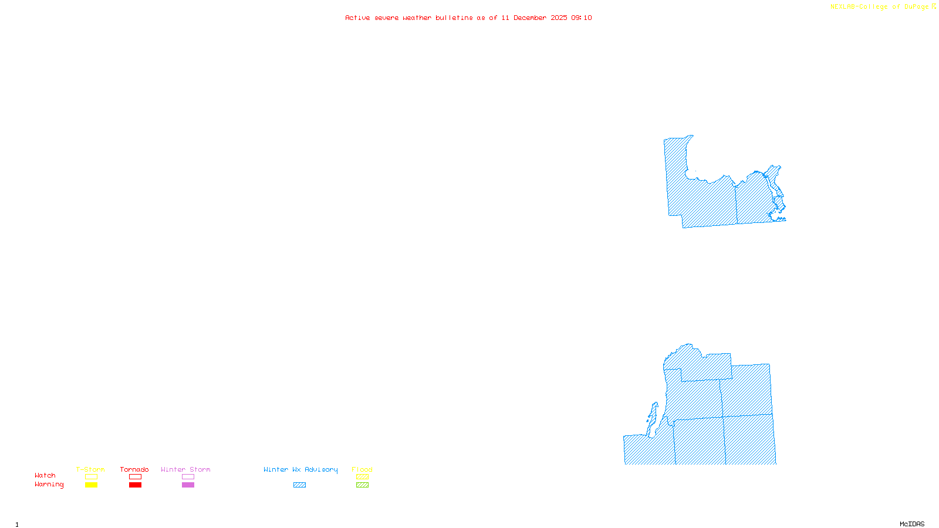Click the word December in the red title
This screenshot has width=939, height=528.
pyautogui.click(x=530, y=18)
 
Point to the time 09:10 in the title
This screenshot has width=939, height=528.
pyautogui.click(x=582, y=18)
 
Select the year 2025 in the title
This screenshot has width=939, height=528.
pyautogui.click(x=559, y=18)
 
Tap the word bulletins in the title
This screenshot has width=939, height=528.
pyautogui.click(x=454, y=18)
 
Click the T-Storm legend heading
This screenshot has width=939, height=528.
pyautogui.click(x=90, y=469)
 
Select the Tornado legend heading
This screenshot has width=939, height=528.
pyautogui.click(x=134, y=469)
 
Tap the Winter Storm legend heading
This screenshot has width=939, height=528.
pyautogui.click(x=185, y=469)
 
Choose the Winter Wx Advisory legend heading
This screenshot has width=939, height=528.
pyautogui.click(x=300, y=469)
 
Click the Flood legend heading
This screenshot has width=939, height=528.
pyautogui.click(x=362, y=469)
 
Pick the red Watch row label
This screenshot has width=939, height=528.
pyautogui.click(x=45, y=475)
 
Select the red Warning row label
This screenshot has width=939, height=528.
pyautogui.click(x=49, y=485)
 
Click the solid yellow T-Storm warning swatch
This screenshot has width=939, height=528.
pyautogui.click(x=91, y=485)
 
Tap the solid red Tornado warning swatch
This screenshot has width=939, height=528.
pyautogui.click(x=135, y=485)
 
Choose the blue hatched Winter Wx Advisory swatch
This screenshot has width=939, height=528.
pyautogui.click(x=299, y=485)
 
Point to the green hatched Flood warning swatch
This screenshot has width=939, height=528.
pyautogui.click(x=362, y=485)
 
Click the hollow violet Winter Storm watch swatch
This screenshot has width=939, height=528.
pyautogui.click(x=188, y=477)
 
